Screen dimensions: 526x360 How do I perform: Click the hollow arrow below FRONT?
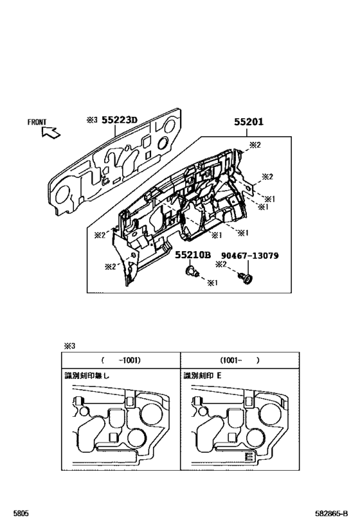(50, 132)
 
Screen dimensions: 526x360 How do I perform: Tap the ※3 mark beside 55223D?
(91, 120)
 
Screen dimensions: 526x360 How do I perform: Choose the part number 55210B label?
(193, 255)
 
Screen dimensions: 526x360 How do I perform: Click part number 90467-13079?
(250, 255)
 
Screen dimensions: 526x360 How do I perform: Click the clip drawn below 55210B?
(190, 272)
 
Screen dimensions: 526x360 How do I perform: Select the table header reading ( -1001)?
(120, 360)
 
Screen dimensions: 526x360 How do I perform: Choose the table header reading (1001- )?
(239, 360)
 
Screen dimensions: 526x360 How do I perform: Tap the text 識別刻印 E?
(202, 376)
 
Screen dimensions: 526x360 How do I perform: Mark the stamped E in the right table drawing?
(249, 457)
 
